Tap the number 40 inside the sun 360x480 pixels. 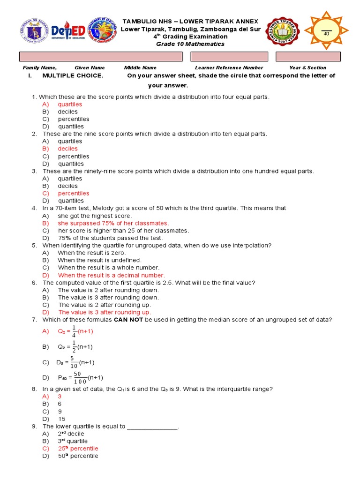click(x=326, y=34)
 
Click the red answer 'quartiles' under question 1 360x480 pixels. click(x=70, y=104)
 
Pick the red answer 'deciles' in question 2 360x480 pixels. click(x=68, y=149)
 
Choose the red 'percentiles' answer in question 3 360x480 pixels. click(x=74, y=193)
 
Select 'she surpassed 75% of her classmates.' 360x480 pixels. click(x=113, y=223)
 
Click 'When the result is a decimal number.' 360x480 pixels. click(x=112, y=275)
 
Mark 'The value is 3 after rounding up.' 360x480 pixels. click(x=105, y=312)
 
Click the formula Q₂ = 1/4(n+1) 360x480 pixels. click(x=75, y=331)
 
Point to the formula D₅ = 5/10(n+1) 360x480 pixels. click(x=75, y=362)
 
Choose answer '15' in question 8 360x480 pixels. click(x=62, y=419)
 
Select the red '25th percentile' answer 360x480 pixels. click(x=78, y=449)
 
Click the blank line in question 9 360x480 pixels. click(x=152, y=427)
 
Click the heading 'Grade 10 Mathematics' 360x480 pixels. click(x=190, y=44)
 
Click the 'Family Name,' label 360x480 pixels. click(x=40, y=67)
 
